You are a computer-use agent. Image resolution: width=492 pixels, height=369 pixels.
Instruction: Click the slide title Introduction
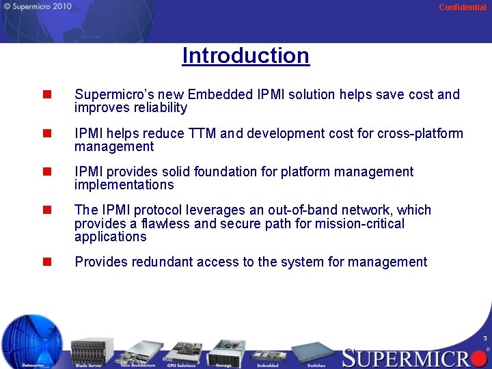(246, 55)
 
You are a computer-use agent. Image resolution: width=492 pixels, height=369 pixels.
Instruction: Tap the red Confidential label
(462, 8)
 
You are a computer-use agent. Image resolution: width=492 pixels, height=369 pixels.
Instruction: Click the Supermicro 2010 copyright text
(37, 7)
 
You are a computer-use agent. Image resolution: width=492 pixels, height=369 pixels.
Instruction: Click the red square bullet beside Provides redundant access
(47, 262)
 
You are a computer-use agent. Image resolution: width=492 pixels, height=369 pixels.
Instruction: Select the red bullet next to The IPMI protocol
(47, 210)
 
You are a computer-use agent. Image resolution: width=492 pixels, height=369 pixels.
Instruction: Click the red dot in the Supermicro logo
(477, 357)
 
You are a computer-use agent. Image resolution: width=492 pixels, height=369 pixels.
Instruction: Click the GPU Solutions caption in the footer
(180, 366)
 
